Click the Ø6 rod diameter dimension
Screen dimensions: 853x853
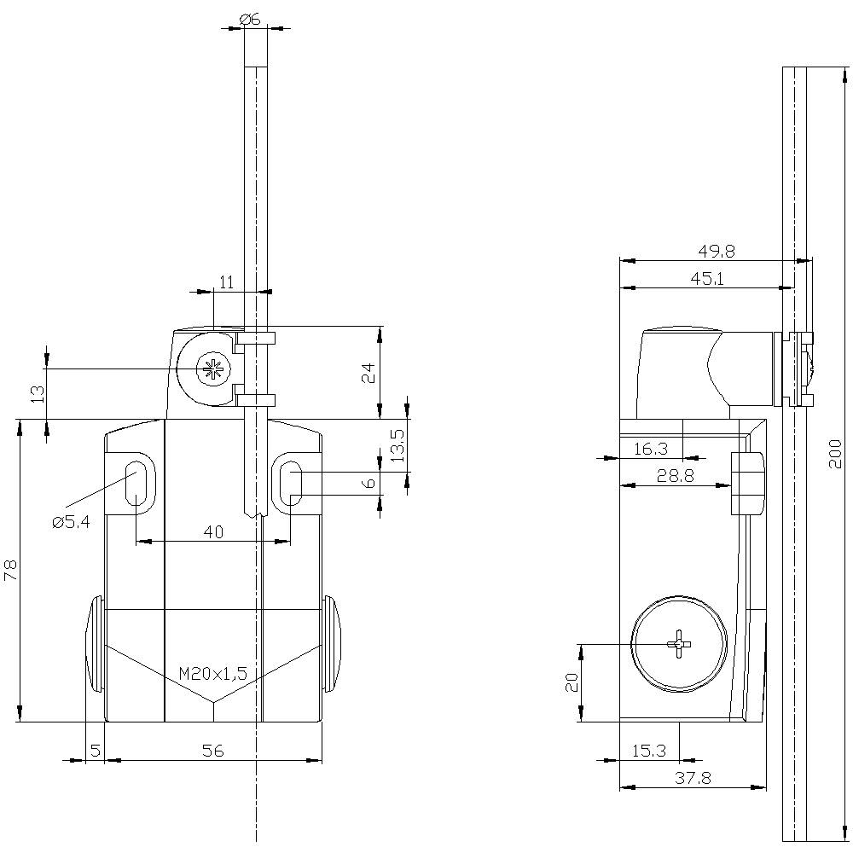(x=250, y=18)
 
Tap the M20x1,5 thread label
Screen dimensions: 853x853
(x=213, y=674)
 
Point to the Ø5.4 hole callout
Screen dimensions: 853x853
(x=71, y=522)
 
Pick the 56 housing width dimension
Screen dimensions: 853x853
(x=213, y=751)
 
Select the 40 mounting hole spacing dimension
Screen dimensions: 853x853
(x=213, y=532)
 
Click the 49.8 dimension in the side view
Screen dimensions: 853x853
(x=717, y=252)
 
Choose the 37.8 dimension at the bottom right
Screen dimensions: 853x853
(x=693, y=778)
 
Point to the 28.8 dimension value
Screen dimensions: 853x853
(x=675, y=476)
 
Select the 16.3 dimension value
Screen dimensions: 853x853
(x=650, y=449)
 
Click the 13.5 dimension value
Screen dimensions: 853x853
(x=395, y=445)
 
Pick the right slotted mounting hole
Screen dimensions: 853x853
(x=291, y=483)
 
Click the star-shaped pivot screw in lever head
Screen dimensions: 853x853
(x=208, y=368)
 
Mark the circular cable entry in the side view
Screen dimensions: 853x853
(x=679, y=641)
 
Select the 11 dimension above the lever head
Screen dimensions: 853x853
(x=226, y=283)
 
